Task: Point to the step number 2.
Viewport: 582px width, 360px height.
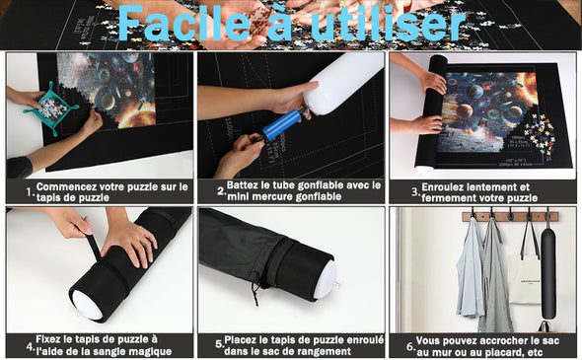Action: (x=222, y=190)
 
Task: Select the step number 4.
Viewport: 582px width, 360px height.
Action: (x=30, y=347)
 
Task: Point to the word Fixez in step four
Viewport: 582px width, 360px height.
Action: (x=52, y=339)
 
